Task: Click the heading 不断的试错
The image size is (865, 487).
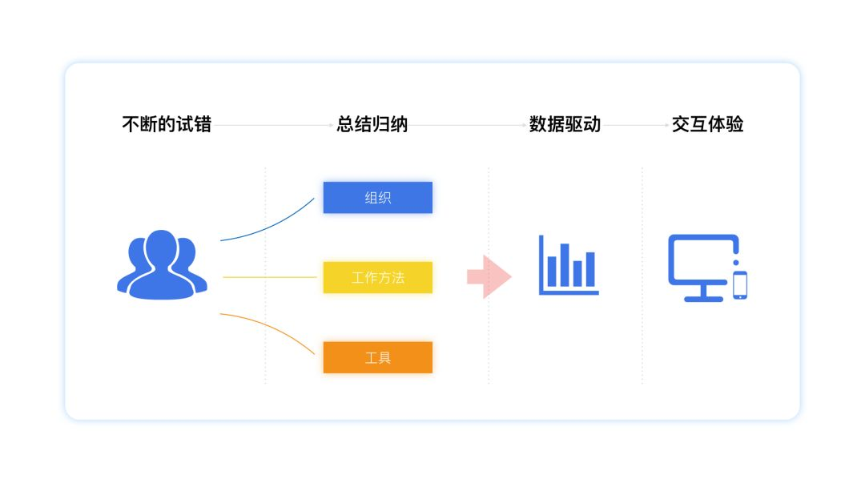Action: pyautogui.click(x=167, y=125)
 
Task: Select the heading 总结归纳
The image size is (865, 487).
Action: pyautogui.click(x=372, y=125)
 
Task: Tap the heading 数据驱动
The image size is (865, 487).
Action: pyautogui.click(x=565, y=125)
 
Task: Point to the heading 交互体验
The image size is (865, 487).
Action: pyautogui.click(x=707, y=125)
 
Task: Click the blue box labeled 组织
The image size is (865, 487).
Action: pyautogui.click(x=377, y=198)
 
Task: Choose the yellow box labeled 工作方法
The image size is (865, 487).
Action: pyautogui.click(x=377, y=278)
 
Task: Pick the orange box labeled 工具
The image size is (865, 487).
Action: pyautogui.click(x=377, y=357)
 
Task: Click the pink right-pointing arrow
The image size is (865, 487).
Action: pyautogui.click(x=489, y=277)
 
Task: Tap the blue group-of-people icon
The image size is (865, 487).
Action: pyautogui.click(x=162, y=265)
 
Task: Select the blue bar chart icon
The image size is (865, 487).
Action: pyautogui.click(x=569, y=264)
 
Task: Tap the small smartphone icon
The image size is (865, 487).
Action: pyautogui.click(x=740, y=285)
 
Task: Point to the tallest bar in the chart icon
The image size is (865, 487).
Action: pyautogui.click(x=564, y=265)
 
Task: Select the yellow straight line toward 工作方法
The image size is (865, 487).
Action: pyautogui.click(x=270, y=277)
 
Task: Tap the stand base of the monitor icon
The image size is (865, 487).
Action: pyautogui.click(x=703, y=298)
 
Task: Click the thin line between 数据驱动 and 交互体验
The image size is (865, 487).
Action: pyautogui.click(x=635, y=125)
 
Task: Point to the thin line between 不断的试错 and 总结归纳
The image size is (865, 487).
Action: pyautogui.click(x=273, y=125)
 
